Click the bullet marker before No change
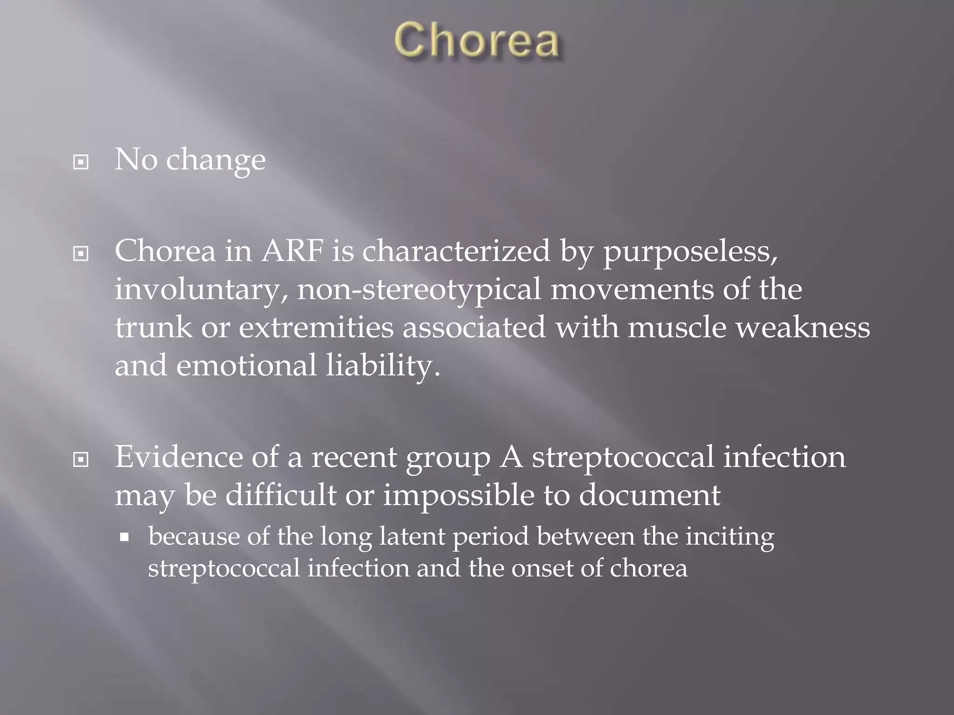tap(81, 162)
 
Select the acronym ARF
tap(292, 251)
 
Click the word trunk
tap(153, 327)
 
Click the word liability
tap(382, 366)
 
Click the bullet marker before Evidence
tap(81, 460)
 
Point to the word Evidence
tap(178, 457)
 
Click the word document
tap(649, 495)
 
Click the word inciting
tap(729, 537)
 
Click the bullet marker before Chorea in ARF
tap(81, 254)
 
